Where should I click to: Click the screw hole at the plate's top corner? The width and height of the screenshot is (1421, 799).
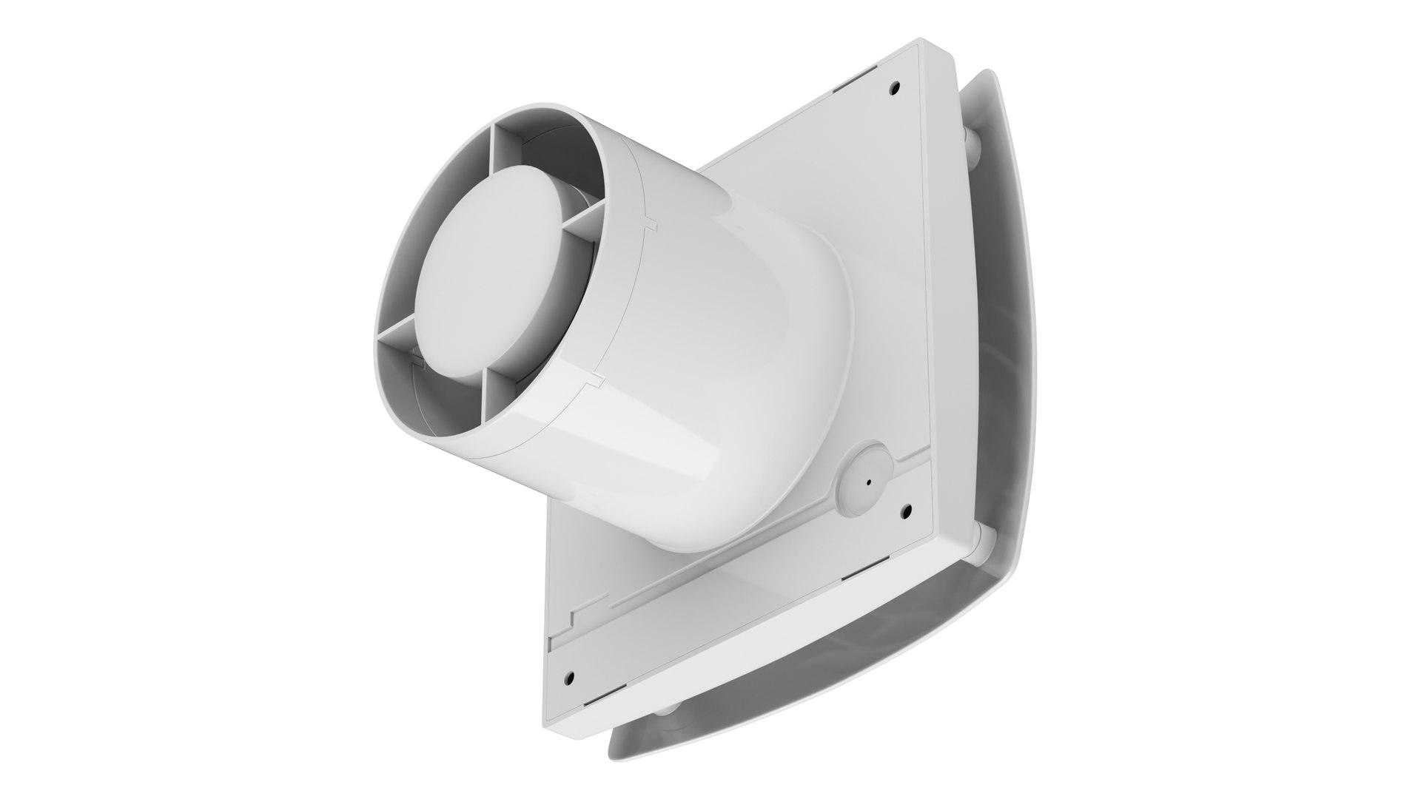pyautogui.click(x=895, y=87)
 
